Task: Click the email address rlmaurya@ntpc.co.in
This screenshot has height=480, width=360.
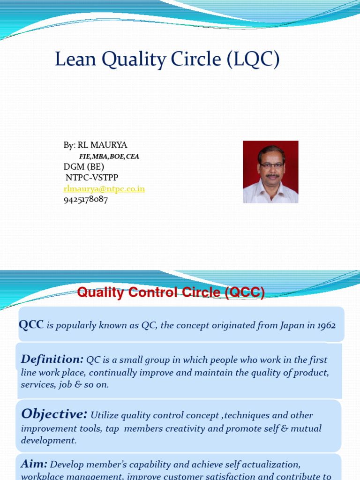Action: [104, 189]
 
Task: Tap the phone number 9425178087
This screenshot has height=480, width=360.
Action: [86, 199]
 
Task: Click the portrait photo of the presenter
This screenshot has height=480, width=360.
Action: [270, 172]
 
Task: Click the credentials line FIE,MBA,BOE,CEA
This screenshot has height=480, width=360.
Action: [109, 157]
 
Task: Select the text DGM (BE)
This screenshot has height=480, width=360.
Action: [84, 167]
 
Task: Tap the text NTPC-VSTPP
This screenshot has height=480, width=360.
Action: [92, 178]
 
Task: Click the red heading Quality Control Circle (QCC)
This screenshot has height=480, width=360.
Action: [171, 293]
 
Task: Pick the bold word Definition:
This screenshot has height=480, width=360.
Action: [52, 360]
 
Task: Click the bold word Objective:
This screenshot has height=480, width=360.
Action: [54, 414]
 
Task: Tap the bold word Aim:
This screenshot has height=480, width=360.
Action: [34, 464]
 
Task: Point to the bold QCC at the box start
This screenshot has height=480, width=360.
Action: [31, 325]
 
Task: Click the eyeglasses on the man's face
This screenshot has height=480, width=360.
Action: [271, 165]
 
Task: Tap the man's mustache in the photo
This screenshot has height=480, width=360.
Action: [272, 176]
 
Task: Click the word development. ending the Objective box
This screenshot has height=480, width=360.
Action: [49, 441]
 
